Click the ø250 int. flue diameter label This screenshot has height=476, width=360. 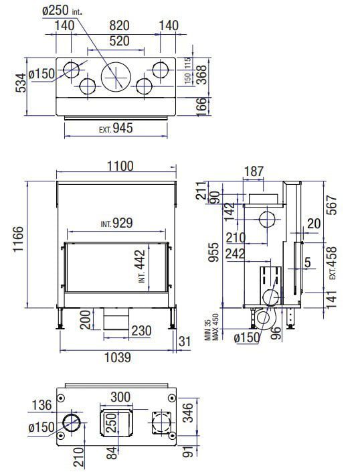tap(63, 11)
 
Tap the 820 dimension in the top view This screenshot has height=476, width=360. tap(119, 25)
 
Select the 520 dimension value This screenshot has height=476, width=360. tap(119, 41)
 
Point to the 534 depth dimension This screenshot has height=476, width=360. tap(21, 82)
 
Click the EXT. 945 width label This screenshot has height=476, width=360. tap(116, 128)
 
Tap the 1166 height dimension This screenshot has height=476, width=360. tap(18, 239)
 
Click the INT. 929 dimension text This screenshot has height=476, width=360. tap(117, 223)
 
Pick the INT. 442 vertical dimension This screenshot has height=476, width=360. tap(141, 266)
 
